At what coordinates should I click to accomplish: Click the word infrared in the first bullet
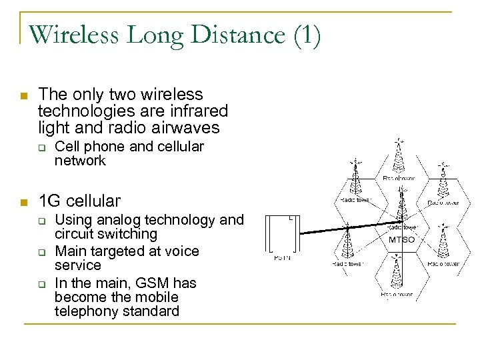pyautogui.click(x=199, y=110)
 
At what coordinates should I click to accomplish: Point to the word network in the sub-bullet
pyautogui.click(x=80, y=161)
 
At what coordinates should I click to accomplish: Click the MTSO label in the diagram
pyautogui.click(x=401, y=239)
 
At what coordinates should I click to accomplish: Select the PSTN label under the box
pyautogui.click(x=283, y=258)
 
